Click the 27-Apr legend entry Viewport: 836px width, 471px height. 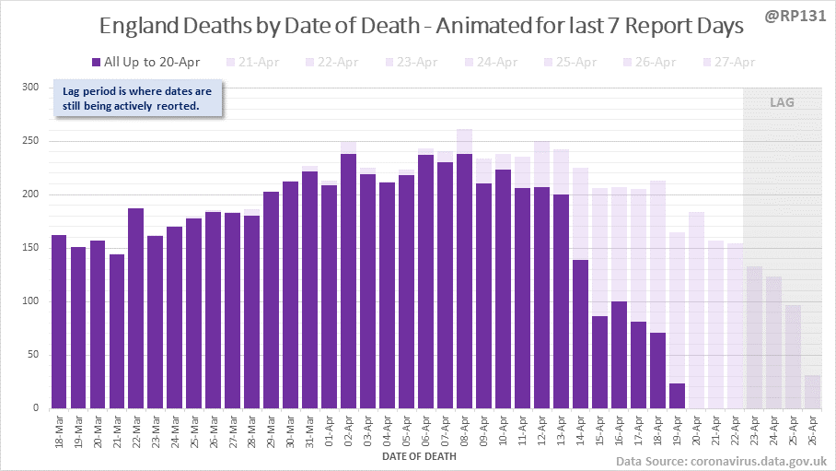(x=729, y=63)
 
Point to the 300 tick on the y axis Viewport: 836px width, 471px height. (x=31, y=88)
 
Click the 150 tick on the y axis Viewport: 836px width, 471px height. (x=31, y=248)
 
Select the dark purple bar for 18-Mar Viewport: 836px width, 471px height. (x=59, y=322)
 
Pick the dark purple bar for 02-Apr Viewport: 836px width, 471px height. (x=348, y=281)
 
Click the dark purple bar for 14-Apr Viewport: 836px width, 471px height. (x=580, y=334)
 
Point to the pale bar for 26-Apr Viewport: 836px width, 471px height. (x=812, y=391)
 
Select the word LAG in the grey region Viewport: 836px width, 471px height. (x=782, y=102)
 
